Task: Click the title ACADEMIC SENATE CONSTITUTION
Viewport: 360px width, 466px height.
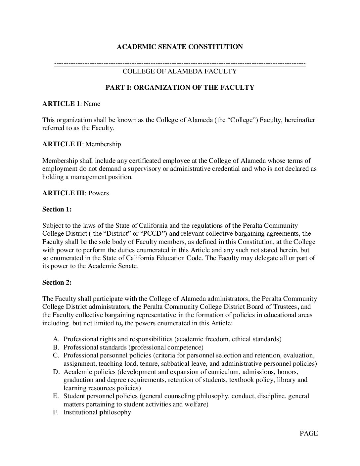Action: click(x=180, y=47)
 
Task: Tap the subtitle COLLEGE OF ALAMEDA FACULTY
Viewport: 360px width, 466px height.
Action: click(x=180, y=71)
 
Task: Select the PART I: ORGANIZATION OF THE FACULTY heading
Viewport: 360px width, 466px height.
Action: click(x=180, y=88)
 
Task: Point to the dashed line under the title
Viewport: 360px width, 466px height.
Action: click(x=180, y=64)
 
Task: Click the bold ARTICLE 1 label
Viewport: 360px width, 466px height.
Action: click(x=61, y=104)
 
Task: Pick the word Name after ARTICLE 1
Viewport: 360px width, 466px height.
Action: click(x=92, y=104)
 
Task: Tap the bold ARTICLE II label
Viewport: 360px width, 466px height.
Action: click(x=62, y=144)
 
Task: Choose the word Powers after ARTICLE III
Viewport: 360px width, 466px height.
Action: click(x=99, y=193)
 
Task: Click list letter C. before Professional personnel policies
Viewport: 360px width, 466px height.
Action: click(x=56, y=355)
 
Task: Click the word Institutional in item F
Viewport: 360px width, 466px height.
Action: click(x=80, y=412)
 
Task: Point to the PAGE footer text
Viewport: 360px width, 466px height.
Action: click(x=308, y=434)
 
